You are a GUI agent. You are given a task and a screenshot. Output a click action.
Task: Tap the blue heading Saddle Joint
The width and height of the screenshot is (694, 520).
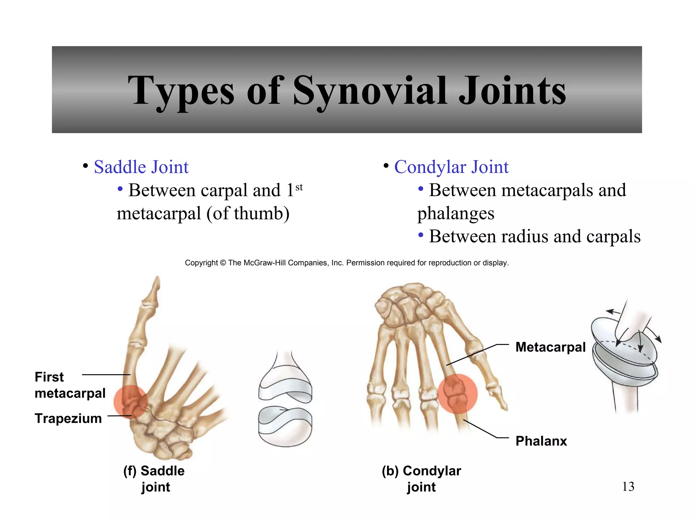141,167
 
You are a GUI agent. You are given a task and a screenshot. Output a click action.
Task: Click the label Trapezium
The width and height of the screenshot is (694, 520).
68,418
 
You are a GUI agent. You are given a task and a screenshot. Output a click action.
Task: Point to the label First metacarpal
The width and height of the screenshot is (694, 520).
70,385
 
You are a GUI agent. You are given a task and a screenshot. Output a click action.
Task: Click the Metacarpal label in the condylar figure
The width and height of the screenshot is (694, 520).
550,347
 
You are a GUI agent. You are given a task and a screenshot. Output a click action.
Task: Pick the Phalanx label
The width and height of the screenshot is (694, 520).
541,441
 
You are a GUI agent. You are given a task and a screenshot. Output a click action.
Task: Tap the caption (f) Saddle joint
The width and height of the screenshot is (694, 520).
154,479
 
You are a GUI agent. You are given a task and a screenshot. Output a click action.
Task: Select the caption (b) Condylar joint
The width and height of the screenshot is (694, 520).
421,479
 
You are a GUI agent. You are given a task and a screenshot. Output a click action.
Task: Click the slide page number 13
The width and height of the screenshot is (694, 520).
628,487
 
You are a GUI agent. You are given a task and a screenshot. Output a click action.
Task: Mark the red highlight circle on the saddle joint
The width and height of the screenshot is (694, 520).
130,402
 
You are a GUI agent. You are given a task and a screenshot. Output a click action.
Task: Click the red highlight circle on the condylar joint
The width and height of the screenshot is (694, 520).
457,393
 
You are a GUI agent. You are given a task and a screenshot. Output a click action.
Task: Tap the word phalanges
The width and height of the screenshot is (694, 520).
455,214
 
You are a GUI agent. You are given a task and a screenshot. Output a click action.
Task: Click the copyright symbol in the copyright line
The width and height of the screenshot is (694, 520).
223,263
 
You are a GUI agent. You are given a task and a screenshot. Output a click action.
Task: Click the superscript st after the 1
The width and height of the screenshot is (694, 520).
299,187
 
